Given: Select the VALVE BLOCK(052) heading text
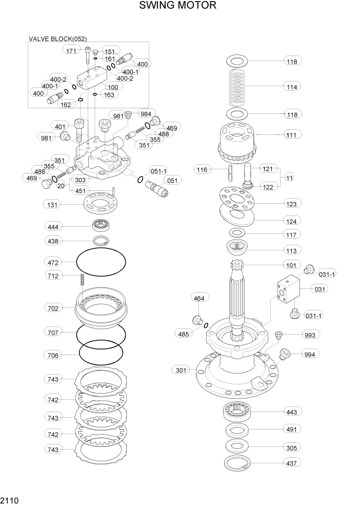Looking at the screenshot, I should tap(57, 38).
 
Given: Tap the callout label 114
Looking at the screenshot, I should tap(292, 87).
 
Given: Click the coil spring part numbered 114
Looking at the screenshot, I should tap(237, 87).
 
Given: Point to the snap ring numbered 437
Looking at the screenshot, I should tap(236, 463).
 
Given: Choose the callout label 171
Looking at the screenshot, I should tap(72, 50).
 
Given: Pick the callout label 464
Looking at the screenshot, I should tap(199, 298).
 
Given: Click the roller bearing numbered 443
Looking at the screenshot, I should tap(236, 411).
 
